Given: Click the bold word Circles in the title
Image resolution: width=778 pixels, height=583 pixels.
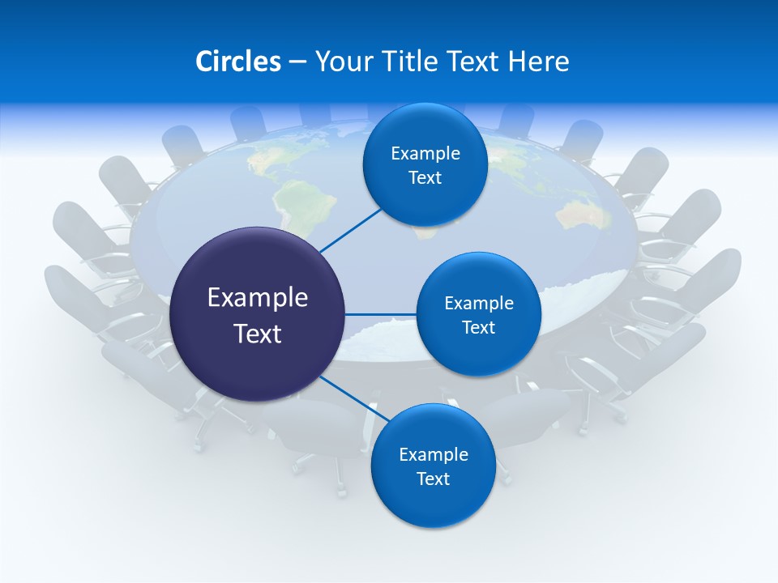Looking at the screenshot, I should (x=237, y=62).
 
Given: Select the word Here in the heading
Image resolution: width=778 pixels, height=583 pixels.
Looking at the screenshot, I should (x=539, y=62).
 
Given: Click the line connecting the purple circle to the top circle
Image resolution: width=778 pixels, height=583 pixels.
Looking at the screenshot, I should (x=350, y=229).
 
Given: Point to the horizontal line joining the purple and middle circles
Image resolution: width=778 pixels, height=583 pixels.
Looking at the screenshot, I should (x=381, y=314).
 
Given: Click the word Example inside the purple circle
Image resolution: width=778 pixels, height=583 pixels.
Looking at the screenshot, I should (x=258, y=297).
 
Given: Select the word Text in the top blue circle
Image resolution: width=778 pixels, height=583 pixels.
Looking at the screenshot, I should (x=425, y=178).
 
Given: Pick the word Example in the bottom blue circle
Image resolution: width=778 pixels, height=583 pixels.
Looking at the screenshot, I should (x=433, y=454).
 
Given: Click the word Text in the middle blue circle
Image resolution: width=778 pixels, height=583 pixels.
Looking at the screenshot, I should (x=479, y=327).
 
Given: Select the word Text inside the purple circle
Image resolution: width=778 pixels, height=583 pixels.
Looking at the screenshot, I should (x=258, y=334).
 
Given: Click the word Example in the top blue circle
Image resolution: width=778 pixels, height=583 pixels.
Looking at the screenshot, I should (x=425, y=153).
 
